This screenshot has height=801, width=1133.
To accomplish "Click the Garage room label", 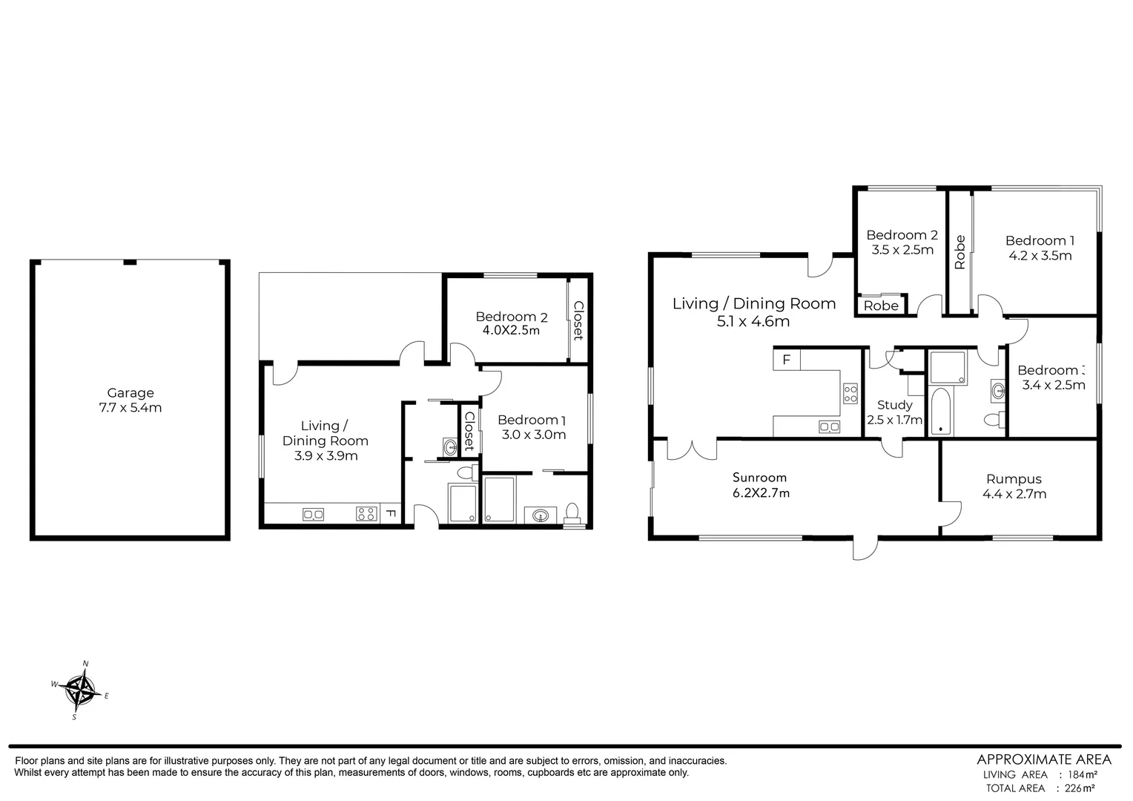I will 131,393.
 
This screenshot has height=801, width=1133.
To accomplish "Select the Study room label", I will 894,405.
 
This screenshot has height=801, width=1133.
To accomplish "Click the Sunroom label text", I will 759,478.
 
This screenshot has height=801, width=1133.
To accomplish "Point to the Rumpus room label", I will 1014,479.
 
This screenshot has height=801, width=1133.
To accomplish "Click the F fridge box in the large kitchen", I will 787,360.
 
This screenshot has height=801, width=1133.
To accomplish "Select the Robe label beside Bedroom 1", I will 960,251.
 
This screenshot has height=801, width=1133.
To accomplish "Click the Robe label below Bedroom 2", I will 881,306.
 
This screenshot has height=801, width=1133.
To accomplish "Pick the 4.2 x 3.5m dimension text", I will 1040,256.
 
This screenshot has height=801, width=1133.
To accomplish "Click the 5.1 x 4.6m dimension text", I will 752,321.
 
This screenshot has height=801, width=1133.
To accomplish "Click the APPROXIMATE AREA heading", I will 1044,759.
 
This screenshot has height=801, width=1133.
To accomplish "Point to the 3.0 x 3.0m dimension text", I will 534,435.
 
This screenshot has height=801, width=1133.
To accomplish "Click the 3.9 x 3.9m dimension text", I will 326,455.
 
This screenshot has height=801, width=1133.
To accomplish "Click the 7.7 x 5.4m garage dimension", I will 131,407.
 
